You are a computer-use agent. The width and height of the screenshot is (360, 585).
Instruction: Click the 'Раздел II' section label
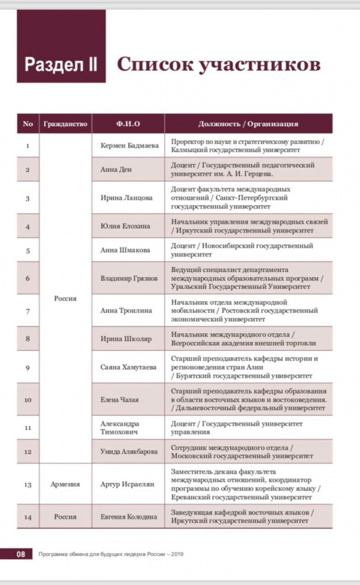click(x=61, y=64)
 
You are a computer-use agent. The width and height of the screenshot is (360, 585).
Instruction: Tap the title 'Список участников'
click(x=219, y=64)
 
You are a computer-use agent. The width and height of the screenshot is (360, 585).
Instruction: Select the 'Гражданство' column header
click(x=64, y=124)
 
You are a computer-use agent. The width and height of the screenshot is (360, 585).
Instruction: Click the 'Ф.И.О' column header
click(x=128, y=124)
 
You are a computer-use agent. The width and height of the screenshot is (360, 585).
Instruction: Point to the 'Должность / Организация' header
click(x=248, y=124)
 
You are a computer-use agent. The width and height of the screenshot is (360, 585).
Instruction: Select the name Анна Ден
click(x=116, y=169)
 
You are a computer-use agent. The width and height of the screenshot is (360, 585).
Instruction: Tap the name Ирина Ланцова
click(x=126, y=198)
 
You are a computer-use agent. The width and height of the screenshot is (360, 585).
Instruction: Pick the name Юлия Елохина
click(x=125, y=226)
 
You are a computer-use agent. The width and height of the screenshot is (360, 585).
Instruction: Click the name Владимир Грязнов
click(x=129, y=278)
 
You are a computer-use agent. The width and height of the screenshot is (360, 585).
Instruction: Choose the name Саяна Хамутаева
click(x=128, y=367)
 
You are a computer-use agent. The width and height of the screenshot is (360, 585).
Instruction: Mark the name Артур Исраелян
click(x=127, y=484)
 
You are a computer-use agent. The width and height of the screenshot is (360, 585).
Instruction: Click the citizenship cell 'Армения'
click(x=65, y=484)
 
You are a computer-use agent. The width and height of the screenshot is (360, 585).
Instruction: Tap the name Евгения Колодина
click(x=128, y=517)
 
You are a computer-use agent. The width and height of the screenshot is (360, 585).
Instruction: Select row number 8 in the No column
click(x=28, y=339)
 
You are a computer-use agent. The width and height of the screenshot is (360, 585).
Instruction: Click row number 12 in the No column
click(x=28, y=451)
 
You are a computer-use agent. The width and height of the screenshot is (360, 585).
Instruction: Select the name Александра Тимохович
click(x=120, y=427)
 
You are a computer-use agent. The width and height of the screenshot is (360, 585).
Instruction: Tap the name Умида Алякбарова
click(x=129, y=451)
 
